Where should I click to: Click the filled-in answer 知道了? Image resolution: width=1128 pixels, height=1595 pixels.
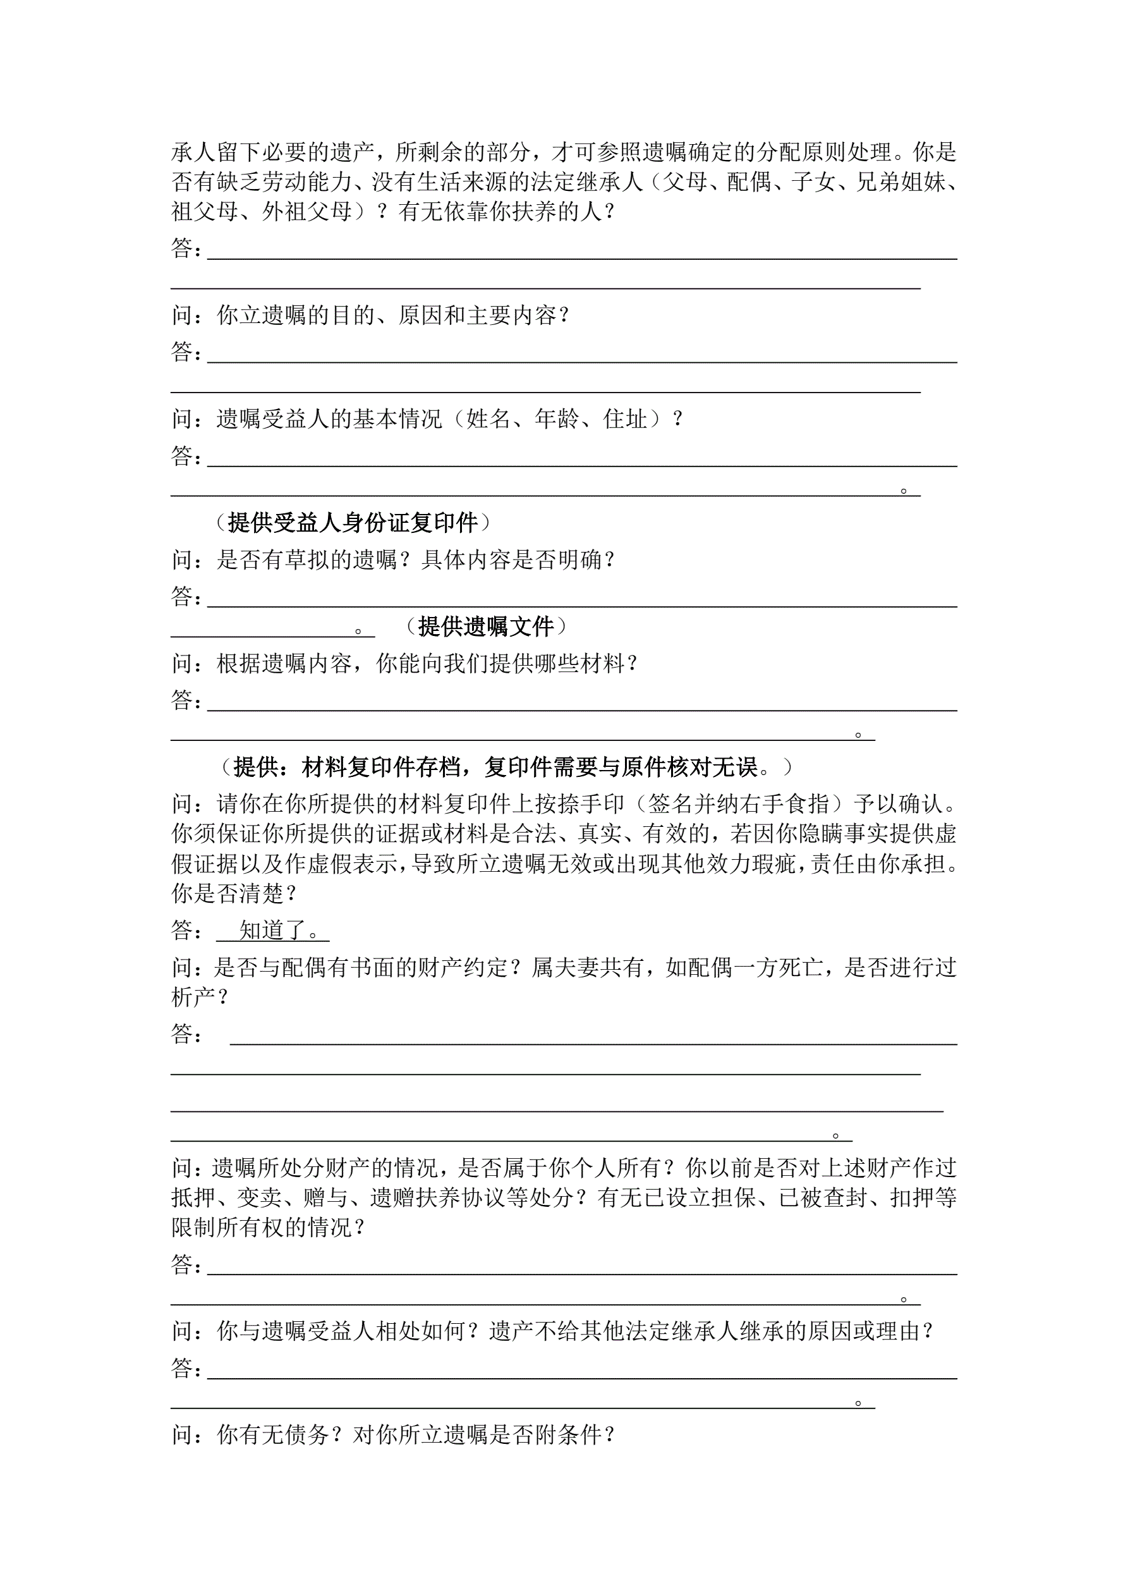[x=273, y=929]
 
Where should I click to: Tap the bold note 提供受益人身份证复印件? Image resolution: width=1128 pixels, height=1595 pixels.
[x=353, y=522]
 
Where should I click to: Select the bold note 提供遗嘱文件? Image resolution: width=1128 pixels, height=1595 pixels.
[x=485, y=626]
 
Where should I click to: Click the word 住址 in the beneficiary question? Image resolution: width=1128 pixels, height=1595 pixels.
[x=625, y=419]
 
